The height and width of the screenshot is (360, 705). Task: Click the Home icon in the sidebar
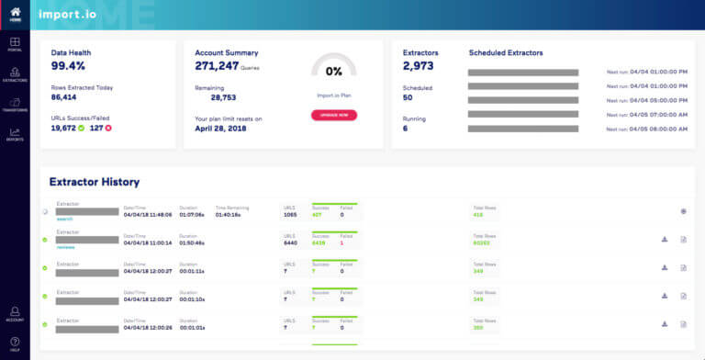(15, 12)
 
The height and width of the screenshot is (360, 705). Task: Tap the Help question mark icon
(15, 343)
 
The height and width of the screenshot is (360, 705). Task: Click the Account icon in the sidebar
(15, 312)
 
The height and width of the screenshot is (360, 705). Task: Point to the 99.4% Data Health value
(70, 66)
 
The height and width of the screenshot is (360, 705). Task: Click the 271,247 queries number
(217, 66)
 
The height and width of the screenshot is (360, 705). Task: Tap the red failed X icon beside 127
(108, 128)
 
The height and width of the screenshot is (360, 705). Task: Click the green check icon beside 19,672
(82, 128)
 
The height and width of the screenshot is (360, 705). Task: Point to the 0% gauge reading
(333, 71)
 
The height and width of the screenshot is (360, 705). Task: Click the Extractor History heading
(94, 183)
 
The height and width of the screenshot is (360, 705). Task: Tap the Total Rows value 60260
(482, 242)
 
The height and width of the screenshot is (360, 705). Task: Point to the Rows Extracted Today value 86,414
(63, 96)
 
